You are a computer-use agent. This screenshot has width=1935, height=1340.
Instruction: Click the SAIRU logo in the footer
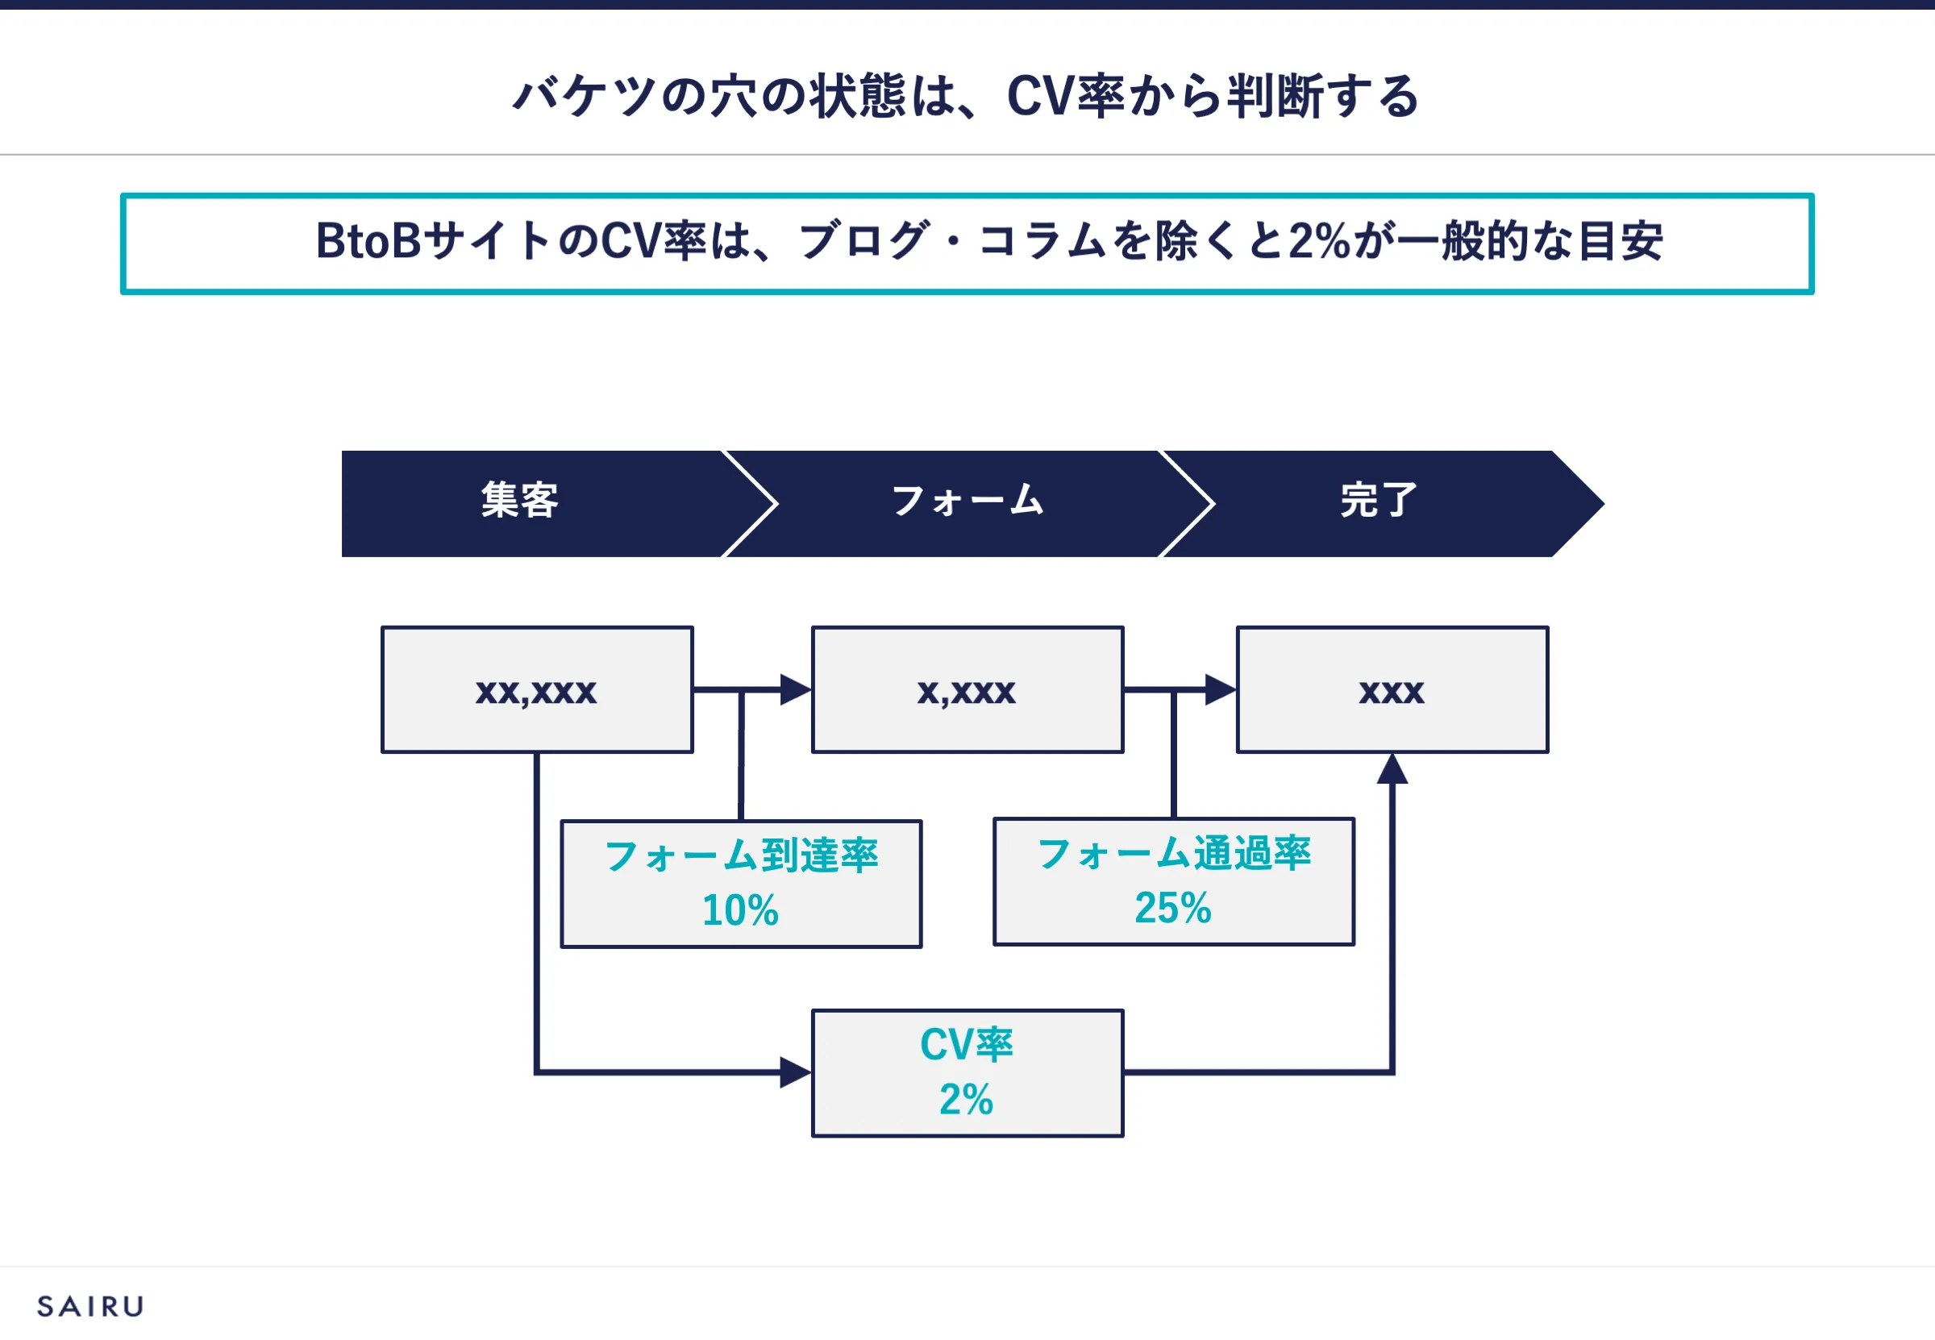click(x=90, y=1306)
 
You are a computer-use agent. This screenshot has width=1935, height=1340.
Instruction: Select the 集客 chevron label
click(x=520, y=501)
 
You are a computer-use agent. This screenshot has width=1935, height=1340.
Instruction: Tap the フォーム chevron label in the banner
click(x=967, y=501)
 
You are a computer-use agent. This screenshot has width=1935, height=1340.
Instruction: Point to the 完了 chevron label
click(x=1379, y=501)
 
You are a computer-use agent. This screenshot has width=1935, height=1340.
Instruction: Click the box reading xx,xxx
click(x=537, y=689)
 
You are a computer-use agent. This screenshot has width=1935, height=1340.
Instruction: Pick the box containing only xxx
click(x=1392, y=689)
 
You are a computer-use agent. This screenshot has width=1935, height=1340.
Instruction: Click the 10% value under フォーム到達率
click(x=740, y=910)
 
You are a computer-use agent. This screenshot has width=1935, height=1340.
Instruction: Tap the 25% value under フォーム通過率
click(x=1173, y=908)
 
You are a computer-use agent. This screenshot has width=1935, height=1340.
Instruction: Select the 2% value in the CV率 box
click(x=966, y=1099)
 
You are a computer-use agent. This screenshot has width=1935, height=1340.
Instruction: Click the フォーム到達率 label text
click(x=741, y=856)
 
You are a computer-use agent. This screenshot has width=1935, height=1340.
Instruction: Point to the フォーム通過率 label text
click(x=1174, y=854)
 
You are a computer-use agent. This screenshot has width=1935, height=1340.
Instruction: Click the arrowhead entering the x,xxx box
click(x=796, y=689)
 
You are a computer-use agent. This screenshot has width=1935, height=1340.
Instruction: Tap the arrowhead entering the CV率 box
click(x=796, y=1072)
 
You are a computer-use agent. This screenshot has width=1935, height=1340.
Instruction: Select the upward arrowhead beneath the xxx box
click(x=1392, y=769)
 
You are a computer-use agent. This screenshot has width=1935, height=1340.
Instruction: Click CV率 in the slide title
click(x=1065, y=96)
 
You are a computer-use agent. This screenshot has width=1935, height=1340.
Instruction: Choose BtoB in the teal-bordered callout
click(x=368, y=241)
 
